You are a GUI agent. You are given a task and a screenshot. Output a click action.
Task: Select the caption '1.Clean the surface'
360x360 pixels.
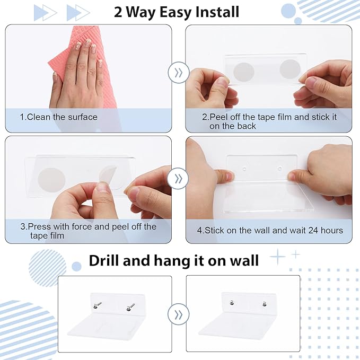tap(58, 117)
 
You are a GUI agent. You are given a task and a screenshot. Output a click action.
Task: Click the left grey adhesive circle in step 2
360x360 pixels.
tap(243, 72)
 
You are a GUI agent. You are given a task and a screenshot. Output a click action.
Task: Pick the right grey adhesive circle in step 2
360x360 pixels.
tap(289, 69)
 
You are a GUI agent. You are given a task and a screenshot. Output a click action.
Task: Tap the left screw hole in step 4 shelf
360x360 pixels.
tap(244, 169)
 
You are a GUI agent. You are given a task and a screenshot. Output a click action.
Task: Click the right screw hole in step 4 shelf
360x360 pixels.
tap(279, 169)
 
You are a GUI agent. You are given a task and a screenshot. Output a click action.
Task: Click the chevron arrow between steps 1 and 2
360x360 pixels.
tap(178, 73)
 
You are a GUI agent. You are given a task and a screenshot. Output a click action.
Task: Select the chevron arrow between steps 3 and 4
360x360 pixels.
tap(178, 178)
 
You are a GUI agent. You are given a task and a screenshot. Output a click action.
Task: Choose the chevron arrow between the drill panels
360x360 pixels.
tap(178, 314)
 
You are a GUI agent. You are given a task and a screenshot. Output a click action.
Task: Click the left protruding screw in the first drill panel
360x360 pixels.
tap(97, 305)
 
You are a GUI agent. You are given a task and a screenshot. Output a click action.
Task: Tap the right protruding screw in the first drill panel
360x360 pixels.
tap(130, 307)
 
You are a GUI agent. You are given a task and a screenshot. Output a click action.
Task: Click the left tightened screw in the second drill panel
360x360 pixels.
tap(232, 303)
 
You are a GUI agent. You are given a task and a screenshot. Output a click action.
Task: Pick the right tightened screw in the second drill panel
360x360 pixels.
tap(265, 304)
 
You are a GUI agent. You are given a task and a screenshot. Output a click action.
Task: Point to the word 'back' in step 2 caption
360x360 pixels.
tap(247, 126)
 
